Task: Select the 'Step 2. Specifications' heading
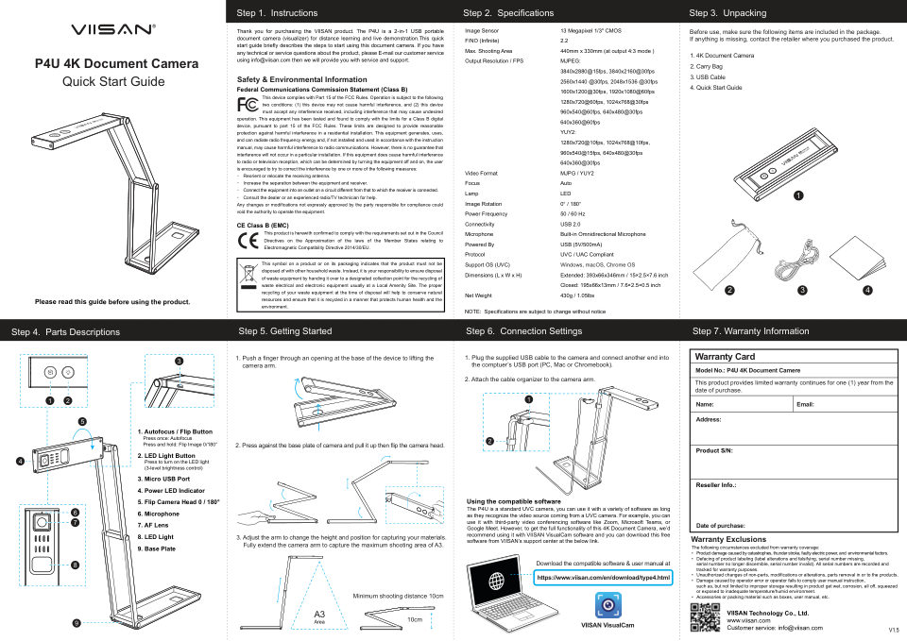click(x=508, y=13)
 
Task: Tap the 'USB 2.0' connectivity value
click(x=572, y=224)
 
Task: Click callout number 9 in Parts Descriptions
click(x=77, y=623)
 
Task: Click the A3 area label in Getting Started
click(x=319, y=616)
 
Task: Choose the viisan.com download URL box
click(x=604, y=576)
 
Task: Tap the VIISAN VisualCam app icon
click(x=607, y=604)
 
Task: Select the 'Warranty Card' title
click(x=726, y=357)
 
